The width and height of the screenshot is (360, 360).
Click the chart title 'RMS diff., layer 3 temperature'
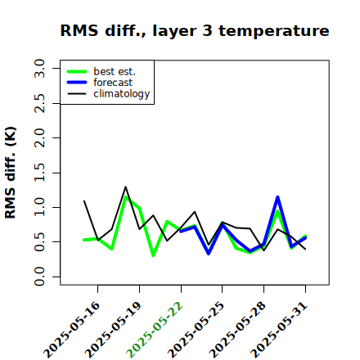[x=195, y=30]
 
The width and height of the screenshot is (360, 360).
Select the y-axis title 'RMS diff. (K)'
[x=11, y=173]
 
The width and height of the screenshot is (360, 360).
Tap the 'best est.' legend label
[x=115, y=71]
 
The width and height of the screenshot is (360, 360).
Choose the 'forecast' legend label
[x=113, y=83]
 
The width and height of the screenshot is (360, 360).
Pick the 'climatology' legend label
[x=122, y=94]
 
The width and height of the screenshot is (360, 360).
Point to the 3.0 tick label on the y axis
[x=39, y=68]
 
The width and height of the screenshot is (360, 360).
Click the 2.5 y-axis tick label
[x=39, y=103]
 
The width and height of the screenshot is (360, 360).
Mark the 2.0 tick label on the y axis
[x=39, y=137]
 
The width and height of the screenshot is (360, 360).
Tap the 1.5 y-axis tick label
[x=39, y=173]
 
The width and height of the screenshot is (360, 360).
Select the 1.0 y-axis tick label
[x=39, y=207]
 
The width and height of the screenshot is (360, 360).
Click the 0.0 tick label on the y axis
[x=39, y=277]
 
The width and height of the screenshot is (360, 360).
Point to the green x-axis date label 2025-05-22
[x=155, y=330]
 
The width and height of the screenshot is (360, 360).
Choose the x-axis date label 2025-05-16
[x=71, y=330]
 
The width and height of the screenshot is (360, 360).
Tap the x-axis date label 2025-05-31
[x=279, y=330]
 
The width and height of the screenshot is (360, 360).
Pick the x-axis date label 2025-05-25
[x=196, y=330]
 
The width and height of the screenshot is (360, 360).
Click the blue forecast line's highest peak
[x=277, y=197]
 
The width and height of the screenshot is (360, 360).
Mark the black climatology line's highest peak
[x=125, y=187]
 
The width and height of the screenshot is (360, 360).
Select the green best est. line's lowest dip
[x=153, y=255]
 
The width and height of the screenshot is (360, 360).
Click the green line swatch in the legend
[x=77, y=72]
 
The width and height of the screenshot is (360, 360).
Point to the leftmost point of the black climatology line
[x=84, y=201]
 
